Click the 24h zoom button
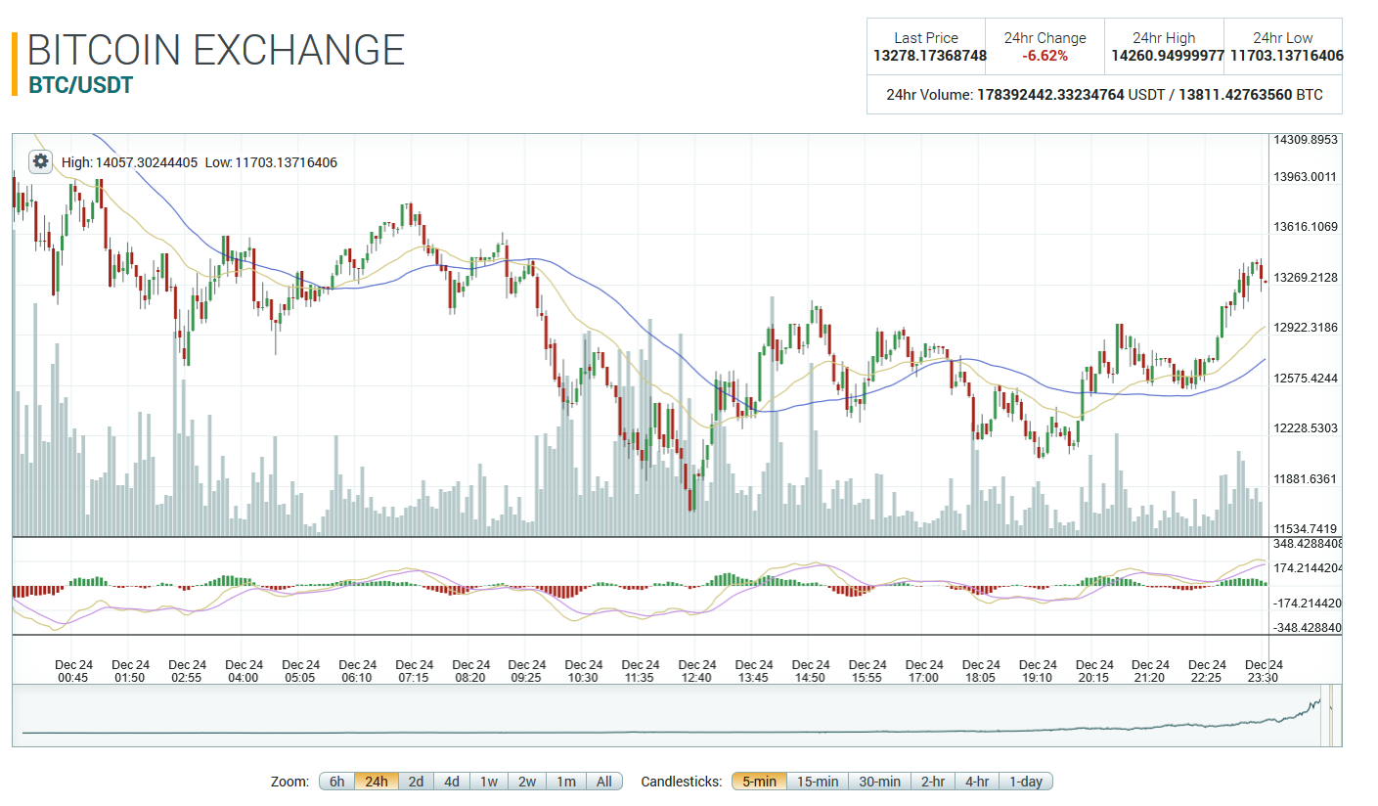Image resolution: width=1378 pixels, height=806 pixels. (377, 782)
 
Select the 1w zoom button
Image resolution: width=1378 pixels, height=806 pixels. (489, 782)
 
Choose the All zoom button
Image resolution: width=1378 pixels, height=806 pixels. (604, 782)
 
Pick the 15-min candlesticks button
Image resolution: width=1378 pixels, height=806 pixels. (818, 782)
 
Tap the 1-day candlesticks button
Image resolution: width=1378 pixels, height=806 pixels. (1026, 782)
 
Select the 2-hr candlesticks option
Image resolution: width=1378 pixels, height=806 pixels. (933, 782)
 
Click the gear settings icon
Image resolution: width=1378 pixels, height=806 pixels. (40, 161)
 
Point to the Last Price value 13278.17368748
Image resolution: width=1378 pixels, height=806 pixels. (930, 56)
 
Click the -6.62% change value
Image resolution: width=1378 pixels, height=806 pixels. (1045, 56)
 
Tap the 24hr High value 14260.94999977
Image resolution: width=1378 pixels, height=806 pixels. (1168, 56)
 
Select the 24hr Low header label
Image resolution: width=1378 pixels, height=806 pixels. (1283, 38)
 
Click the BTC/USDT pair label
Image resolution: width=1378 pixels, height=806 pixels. (81, 85)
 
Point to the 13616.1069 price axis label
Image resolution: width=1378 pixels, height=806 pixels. (1306, 227)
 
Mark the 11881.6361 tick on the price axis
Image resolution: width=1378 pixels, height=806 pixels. (1306, 479)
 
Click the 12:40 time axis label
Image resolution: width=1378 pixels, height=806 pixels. (697, 677)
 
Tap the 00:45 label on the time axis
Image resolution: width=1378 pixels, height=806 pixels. (74, 677)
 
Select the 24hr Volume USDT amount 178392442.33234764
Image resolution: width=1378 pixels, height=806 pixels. (1050, 95)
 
